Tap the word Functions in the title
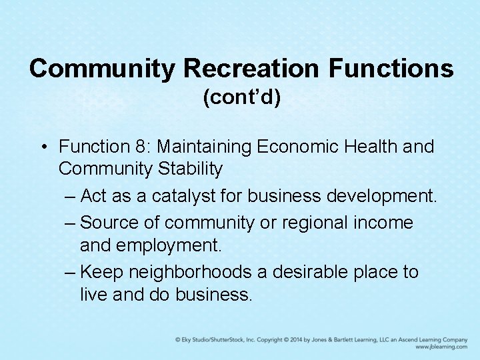pyautogui.click(x=391, y=68)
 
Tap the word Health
pyautogui.click(x=377, y=146)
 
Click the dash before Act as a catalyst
pyautogui.click(x=71, y=197)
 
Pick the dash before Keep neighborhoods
pyautogui.click(x=71, y=271)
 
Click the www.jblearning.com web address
pyautogui.click(x=441, y=347)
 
